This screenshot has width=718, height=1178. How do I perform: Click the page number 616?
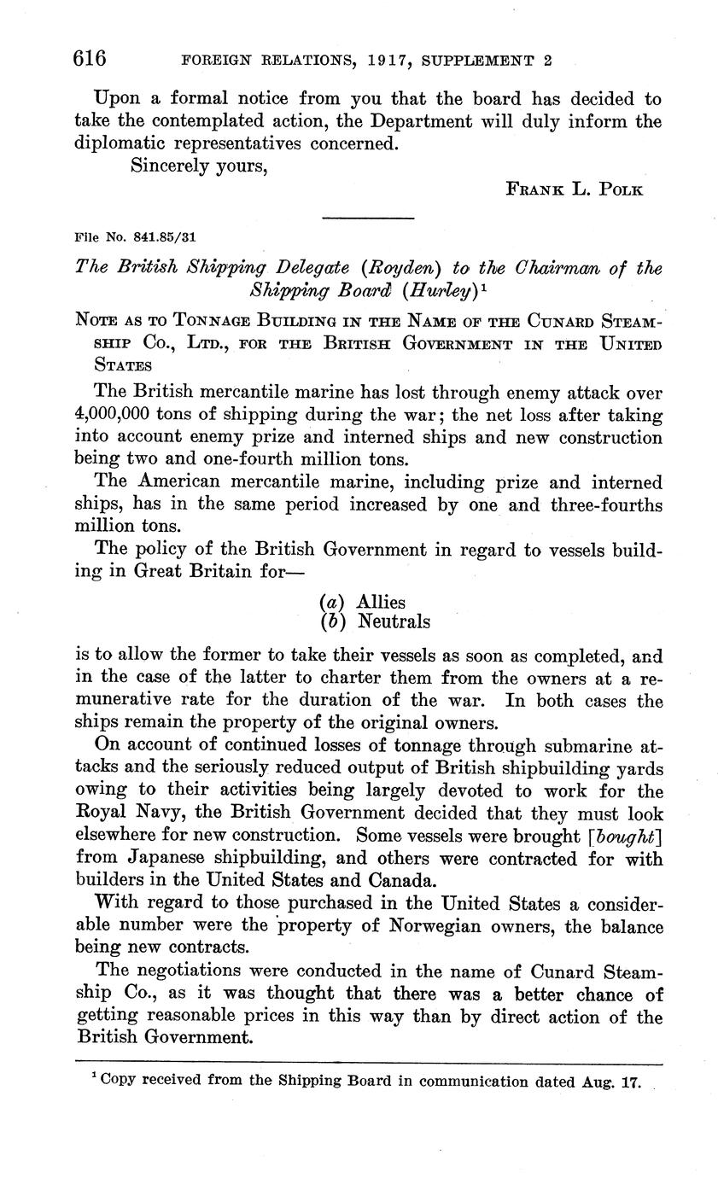click(90, 58)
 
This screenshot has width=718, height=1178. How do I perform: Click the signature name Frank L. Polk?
click(575, 190)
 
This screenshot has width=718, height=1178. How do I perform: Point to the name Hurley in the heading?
click(426, 289)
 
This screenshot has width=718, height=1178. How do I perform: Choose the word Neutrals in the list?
click(394, 621)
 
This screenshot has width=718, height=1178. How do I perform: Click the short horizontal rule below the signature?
click(368, 219)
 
